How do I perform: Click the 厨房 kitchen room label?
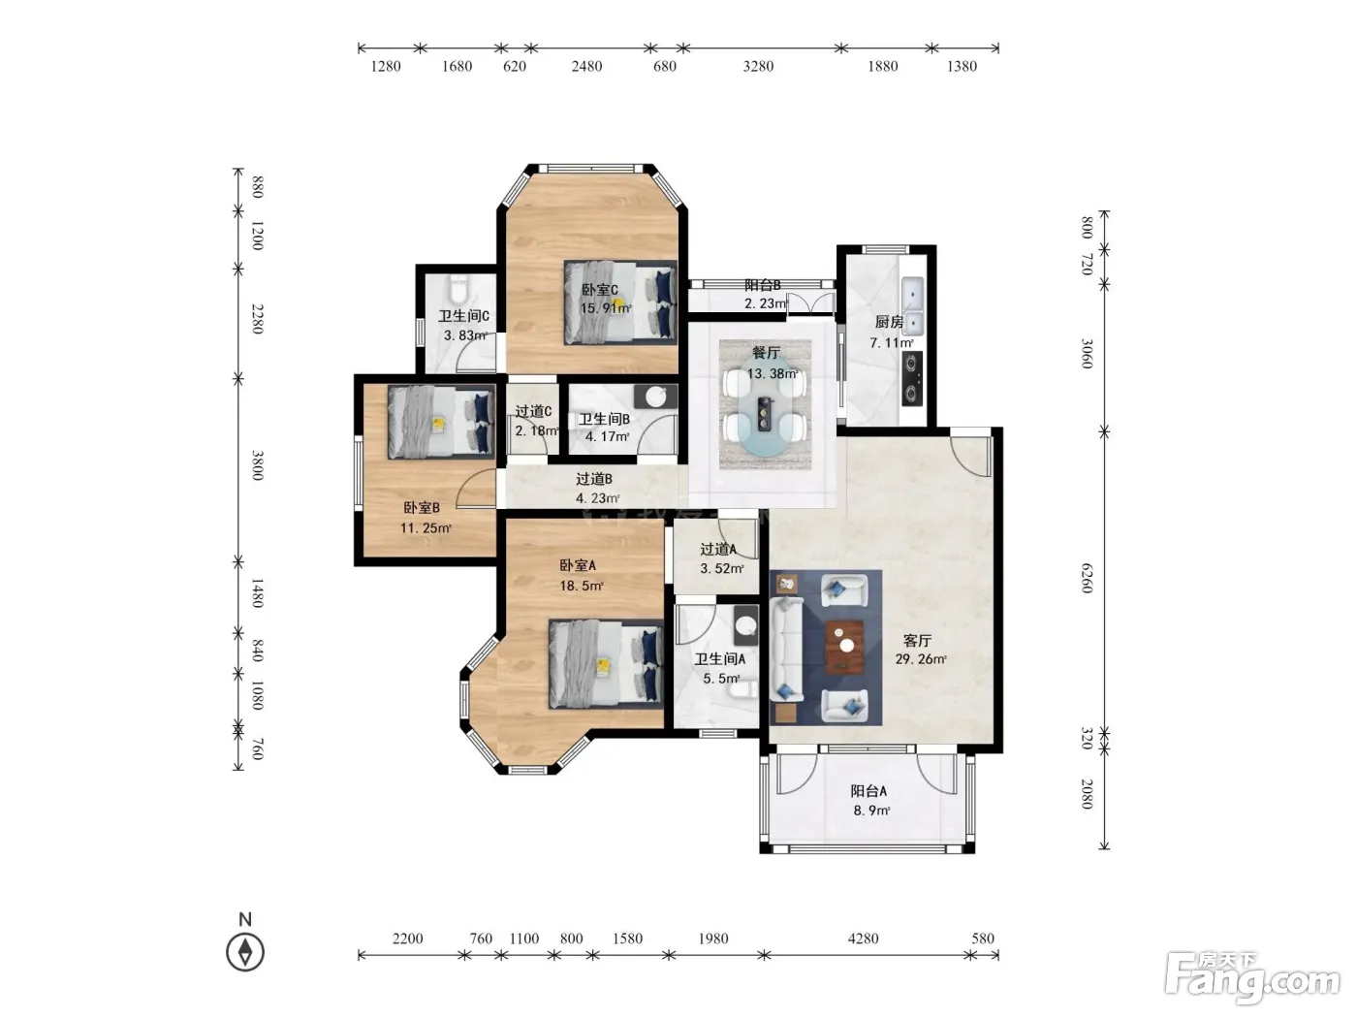tap(889, 322)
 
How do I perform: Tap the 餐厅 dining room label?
tap(766, 353)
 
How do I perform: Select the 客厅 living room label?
tap(917, 640)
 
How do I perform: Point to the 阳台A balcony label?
tap(868, 790)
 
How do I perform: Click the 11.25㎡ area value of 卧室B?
tap(426, 527)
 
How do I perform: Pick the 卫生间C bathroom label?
tap(463, 316)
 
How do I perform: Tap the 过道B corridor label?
tap(594, 478)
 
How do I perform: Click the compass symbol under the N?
tap(245, 952)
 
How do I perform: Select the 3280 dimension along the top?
tap(758, 66)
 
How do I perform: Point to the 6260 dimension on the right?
tap(1088, 578)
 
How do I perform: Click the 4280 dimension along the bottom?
tap(863, 938)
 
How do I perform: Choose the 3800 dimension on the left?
tap(258, 466)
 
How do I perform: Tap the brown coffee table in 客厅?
tap(845, 647)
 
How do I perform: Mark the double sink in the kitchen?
tap(913, 304)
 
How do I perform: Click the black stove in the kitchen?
tap(912, 378)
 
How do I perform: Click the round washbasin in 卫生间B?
tap(656, 398)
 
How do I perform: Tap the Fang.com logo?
tap(1252, 979)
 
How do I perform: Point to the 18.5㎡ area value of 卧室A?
tap(582, 586)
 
